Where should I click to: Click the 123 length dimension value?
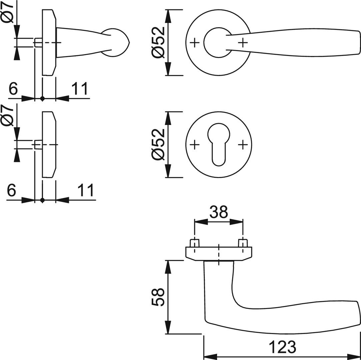282,347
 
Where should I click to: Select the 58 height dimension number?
158,297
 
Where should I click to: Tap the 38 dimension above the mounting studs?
218,211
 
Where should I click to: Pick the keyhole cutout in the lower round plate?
219,143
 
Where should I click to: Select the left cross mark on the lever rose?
195,42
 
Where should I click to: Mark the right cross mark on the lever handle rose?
243,42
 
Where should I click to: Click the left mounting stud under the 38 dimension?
194,243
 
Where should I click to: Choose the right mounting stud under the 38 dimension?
243,243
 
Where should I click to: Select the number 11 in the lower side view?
86,191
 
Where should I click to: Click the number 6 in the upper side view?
13,89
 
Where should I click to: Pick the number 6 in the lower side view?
11,191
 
